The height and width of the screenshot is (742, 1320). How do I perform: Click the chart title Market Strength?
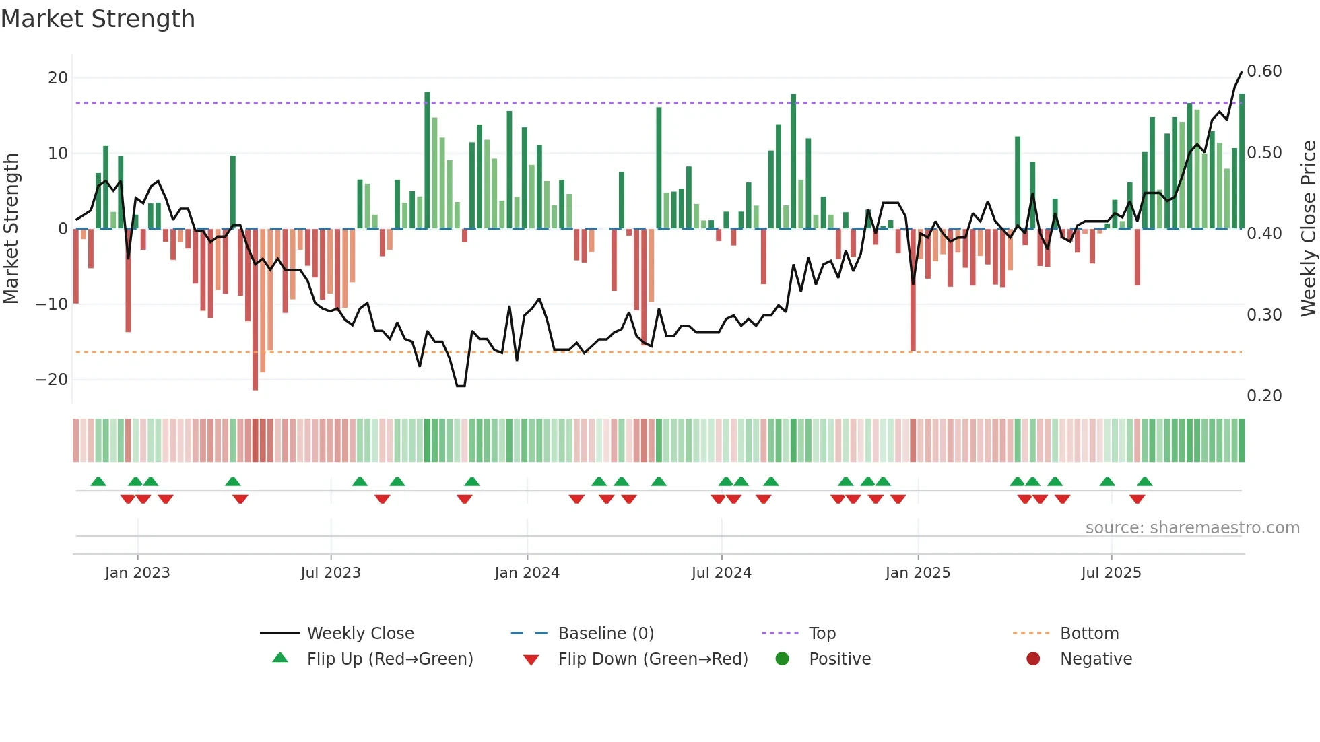[98, 19]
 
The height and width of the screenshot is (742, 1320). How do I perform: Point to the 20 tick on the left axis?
[58, 78]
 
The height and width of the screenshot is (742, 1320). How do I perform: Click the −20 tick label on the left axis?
[52, 380]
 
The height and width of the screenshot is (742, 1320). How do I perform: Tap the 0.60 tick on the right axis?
[1264, 71]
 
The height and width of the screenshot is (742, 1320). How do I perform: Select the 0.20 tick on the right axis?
[1264, 396]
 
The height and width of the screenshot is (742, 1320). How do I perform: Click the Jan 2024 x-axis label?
[527, 573]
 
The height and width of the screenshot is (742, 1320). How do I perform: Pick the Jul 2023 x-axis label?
[331, 573]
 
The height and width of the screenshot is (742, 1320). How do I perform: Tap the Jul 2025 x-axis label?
[1111, 573]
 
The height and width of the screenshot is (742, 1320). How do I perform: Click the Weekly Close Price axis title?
[1308, 229]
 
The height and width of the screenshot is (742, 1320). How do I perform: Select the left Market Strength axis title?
[11, 229]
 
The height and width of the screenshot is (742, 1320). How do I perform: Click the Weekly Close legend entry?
[360, 634]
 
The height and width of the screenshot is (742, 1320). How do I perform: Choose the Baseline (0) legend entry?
[605, 634]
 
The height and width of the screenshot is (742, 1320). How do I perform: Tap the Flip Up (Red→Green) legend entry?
[389, 659]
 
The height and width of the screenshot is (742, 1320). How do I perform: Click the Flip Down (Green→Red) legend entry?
[653, 659]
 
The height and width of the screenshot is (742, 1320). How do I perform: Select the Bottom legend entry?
[1089, 634]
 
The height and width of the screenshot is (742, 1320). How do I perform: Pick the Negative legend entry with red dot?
[1096, 659]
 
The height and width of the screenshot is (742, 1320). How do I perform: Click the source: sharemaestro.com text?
[1192, 528]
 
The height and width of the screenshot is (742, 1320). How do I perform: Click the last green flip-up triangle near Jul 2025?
[1145, 482]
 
